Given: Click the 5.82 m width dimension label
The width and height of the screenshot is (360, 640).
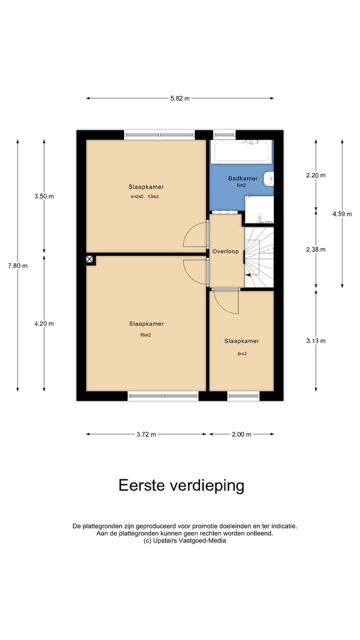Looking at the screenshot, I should [x=180, y=98].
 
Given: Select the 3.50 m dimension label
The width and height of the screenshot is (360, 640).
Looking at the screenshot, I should [x=44, y=196].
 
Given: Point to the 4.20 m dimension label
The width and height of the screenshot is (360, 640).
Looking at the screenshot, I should [x=44, y=323].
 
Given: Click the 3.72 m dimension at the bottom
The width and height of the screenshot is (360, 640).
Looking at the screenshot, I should [x=146, y=434].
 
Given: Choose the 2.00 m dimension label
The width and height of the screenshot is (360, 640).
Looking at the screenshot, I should [x=241, y=434].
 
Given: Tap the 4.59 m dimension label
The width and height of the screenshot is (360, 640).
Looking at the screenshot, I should [x=342, y=214].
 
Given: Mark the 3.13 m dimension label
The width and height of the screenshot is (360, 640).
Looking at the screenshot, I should [x=315, y=341].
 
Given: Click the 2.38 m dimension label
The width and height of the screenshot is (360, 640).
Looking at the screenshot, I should [x=315, y=249].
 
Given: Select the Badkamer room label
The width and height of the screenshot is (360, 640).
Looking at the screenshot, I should [x=242, y=178].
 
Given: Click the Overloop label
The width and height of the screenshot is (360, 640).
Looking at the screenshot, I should [x=225, y=251].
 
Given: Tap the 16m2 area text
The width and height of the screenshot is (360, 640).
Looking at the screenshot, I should [x=145, y=335].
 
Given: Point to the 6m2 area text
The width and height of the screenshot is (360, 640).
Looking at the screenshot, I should [x=241, y=354].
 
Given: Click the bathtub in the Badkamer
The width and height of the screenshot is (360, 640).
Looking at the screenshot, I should [x=241, y=151].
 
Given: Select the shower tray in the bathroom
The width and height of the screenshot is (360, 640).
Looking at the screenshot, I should [x=259, y=209].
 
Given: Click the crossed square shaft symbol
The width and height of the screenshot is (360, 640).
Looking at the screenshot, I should [x=89, y=259].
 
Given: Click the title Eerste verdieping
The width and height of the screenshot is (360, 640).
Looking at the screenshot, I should [x=181, y=485].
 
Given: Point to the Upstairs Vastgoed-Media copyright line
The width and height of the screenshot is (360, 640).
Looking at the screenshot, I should [x=184, y=540].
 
